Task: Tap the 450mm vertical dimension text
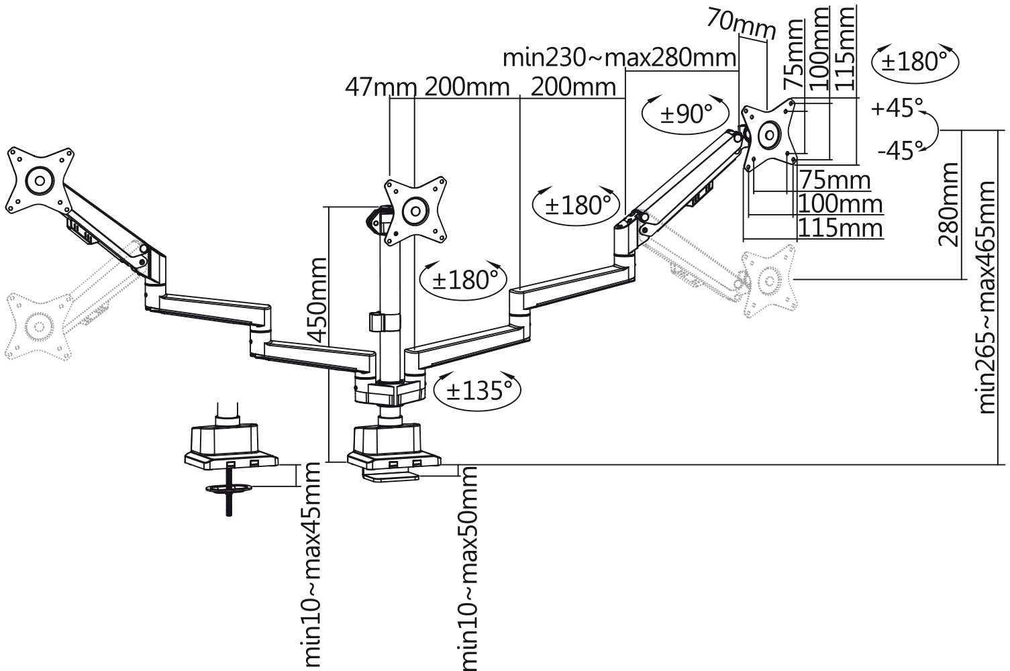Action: coord(315,300)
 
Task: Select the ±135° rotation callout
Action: coord(477,390)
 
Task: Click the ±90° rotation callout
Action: coord(686,113)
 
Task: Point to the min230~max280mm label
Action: coord(619,58)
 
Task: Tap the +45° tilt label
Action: coord(897,108)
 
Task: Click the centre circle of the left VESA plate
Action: coord(40,180)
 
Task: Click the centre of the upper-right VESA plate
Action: coord(768,134)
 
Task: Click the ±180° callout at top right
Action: coord(915,62)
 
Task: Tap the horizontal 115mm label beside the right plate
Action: coord(840,228)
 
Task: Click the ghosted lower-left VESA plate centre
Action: coord(38,327)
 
